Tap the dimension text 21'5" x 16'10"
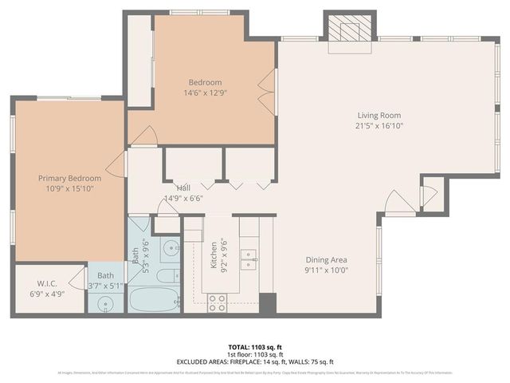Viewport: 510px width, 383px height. (378, 125)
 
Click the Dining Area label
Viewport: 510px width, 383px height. (328, 259)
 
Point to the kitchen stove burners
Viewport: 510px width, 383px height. (217, 302)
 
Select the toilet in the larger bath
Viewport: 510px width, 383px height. (166, 276)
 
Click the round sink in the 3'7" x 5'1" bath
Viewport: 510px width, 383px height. (105, 303)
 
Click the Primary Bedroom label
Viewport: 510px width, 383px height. (69, 178)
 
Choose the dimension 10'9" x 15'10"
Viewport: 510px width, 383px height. (69, 188)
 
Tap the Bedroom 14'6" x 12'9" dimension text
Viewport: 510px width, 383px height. (205, 93)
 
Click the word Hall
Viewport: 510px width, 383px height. (183, 188)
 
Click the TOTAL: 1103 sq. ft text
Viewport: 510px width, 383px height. (255, 347)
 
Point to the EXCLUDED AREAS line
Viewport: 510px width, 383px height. (255, 361)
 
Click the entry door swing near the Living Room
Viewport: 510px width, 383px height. (399, 203)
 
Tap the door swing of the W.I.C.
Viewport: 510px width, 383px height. (77, 278)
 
